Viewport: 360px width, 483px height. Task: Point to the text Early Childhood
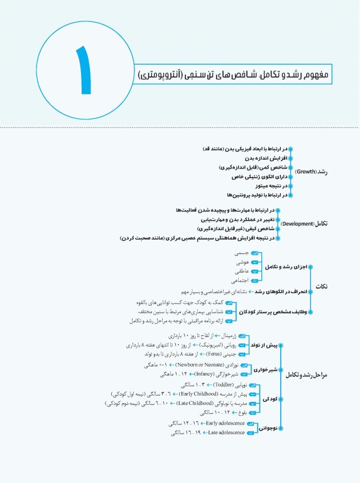point(202,394)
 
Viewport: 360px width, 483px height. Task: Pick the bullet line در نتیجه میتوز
point(263,187)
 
